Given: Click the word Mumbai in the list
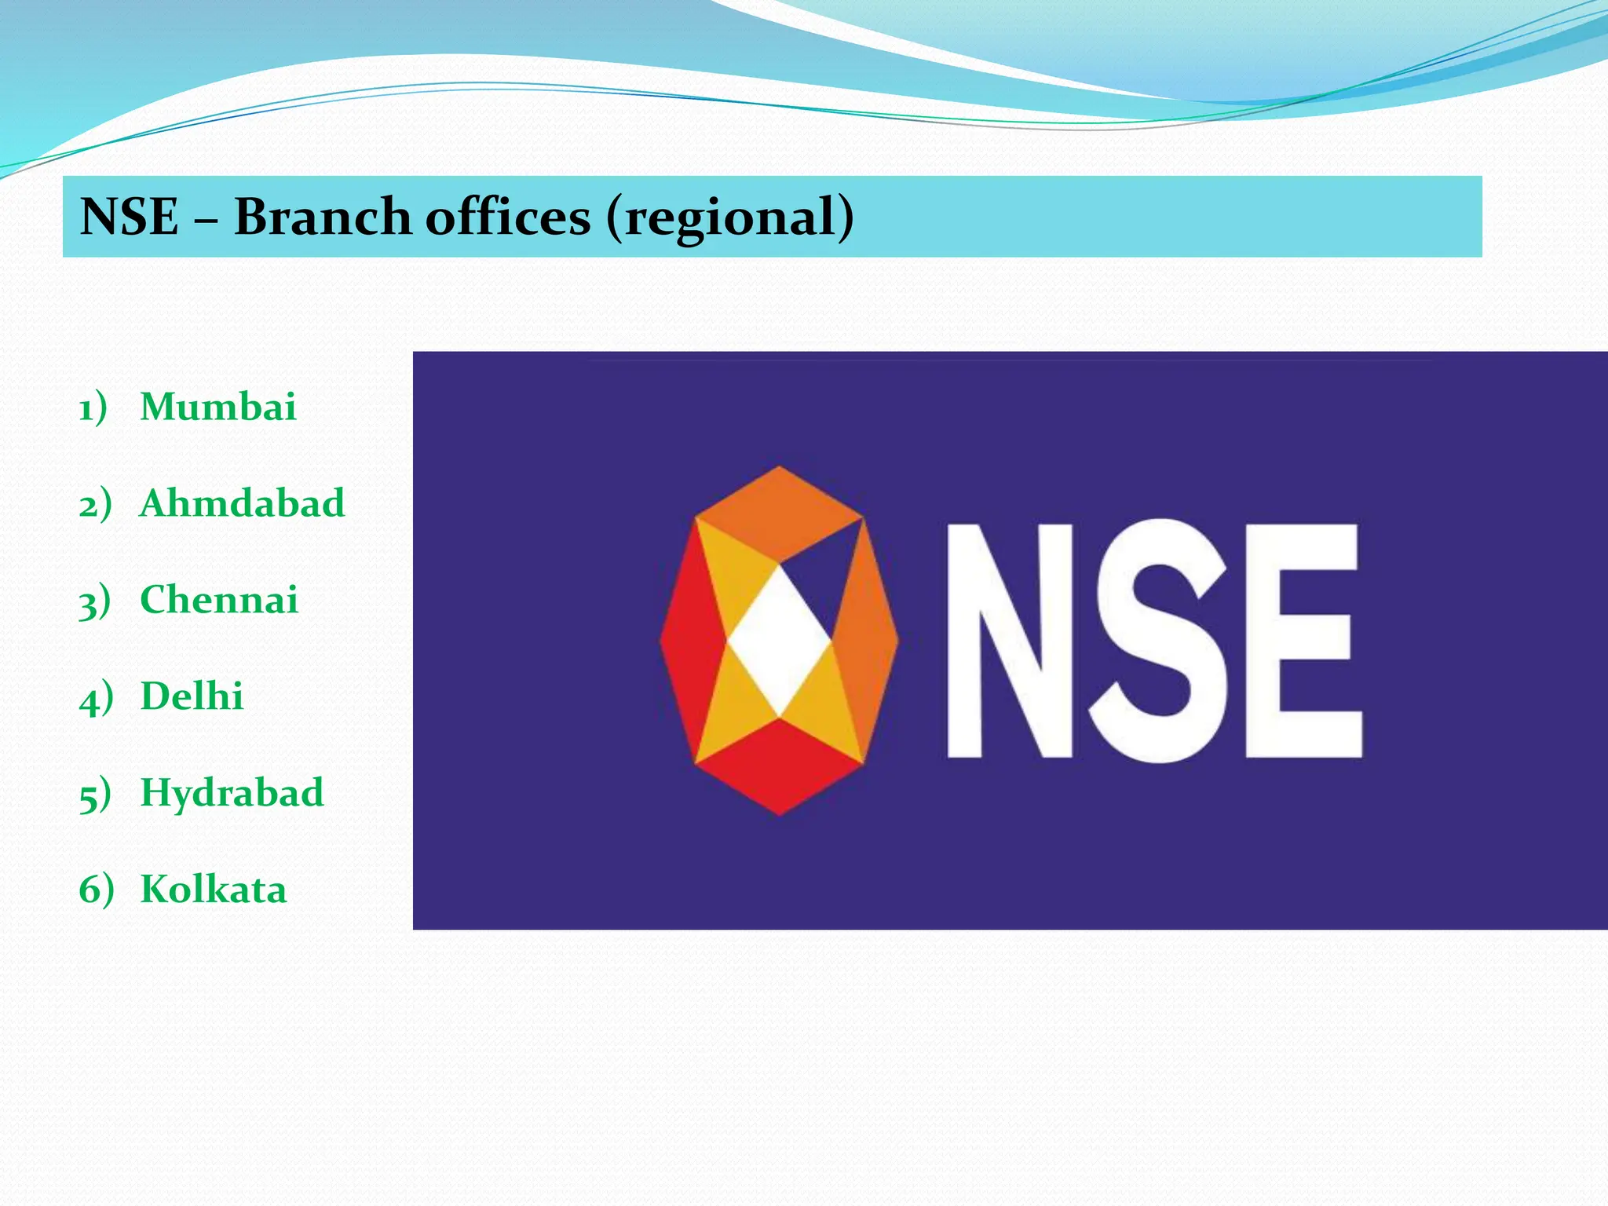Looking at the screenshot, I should pyautogui.click(x=217, y=407).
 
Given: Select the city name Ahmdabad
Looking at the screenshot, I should pyautogui.click(x=242, y=503).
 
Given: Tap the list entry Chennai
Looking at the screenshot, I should pyautogui.click(x=219, y=600).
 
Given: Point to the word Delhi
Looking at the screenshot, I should pyautogui.click(x=192, y=696).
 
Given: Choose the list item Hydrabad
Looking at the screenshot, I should pyautogui.click(x=232, y=793).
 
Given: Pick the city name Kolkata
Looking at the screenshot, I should pyautogui.click(x=213, y=890).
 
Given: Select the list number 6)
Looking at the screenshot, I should pyautogui.click(x=96, y=890).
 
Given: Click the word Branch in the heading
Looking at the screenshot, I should pyautogui.click(x=322, y=217).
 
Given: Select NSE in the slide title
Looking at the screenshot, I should pyautogui.click(x=130, y=217).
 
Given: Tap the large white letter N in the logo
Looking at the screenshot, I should pyautogui.click(x=1011, y=640).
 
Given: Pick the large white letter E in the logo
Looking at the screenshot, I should pyautogui.click(x=1303, y=640).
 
